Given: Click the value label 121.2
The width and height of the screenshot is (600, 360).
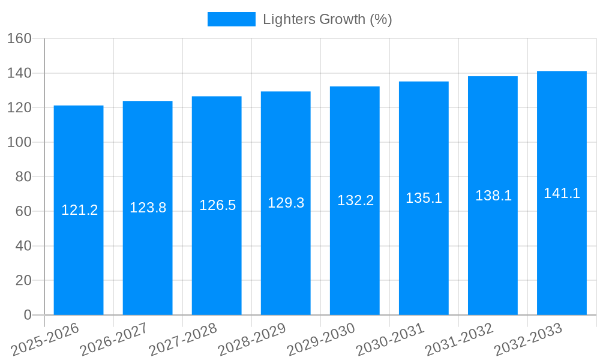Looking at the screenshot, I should [79, 210].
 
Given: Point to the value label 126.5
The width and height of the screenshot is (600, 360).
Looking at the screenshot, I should [217, 205].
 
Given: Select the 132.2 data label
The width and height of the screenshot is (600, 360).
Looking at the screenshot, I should [355, 200].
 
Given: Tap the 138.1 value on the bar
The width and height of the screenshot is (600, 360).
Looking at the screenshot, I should [493, 196].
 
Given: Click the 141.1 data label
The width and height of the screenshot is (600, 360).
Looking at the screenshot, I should [562, 193].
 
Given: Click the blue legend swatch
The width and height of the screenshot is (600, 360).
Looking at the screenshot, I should [231, 19].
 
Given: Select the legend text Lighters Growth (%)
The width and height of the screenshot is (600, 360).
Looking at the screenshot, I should [327, 19].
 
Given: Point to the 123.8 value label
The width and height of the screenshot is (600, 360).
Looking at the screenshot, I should [148, 208].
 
